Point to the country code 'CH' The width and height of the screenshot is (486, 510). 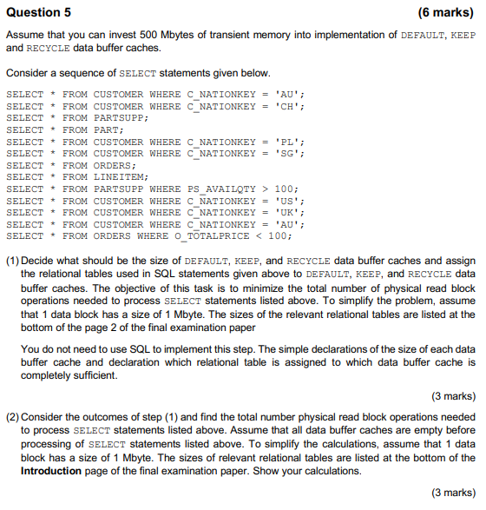click(x=287, y=106)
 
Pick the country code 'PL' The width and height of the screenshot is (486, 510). click(x=287, y=142)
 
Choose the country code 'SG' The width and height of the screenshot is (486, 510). click(x=287, y=154)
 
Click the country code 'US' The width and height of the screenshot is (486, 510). click(x=287, y=201)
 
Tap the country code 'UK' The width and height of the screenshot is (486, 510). click(x=287, y=213)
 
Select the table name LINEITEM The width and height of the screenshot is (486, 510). click(x=114, y=177)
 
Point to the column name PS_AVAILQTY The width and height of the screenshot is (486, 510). click(x=218, y=189)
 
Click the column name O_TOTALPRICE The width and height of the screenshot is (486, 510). click(x=218, y=236)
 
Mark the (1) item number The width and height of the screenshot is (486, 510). click(x=12, y=261)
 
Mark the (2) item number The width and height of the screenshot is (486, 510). click(x=12, y=419)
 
